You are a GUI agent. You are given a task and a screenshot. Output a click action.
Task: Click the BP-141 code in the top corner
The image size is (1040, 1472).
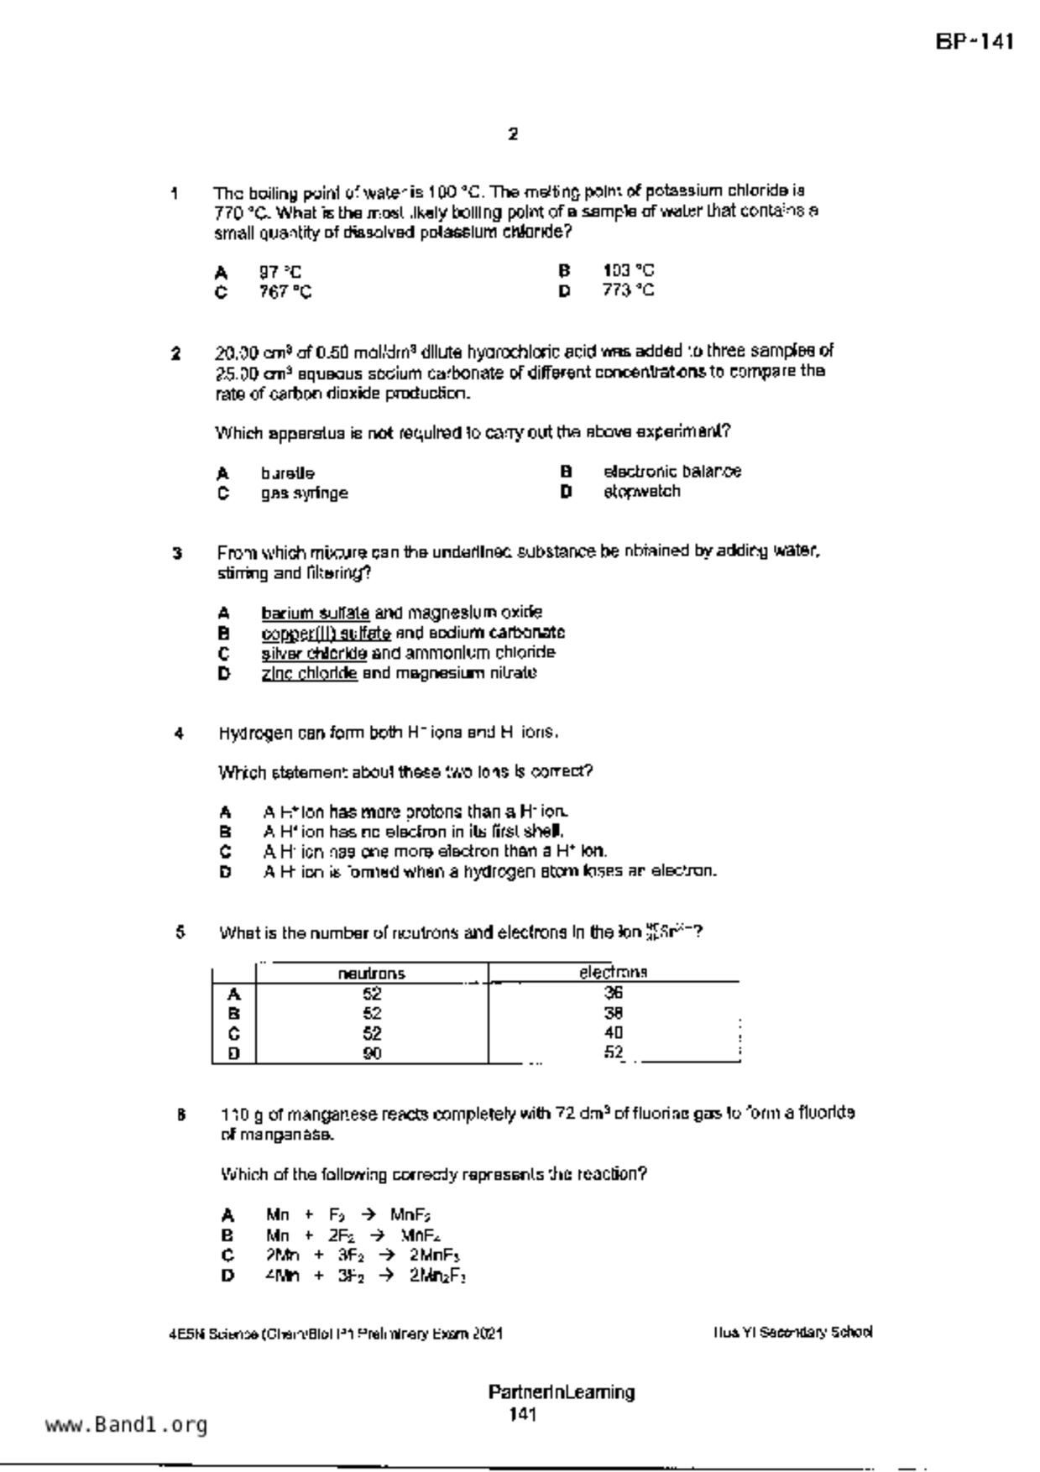click(x=975, y=42)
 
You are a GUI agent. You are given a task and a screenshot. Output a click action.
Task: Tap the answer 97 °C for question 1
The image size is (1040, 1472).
click(x=280, y=272)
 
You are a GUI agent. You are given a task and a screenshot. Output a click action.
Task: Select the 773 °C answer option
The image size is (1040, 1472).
click(x=628, y=290)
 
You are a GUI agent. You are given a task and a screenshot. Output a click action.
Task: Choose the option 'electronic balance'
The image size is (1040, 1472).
click(x=672, y=472)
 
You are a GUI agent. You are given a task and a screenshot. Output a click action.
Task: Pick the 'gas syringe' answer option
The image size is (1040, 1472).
click(x=304, y=493)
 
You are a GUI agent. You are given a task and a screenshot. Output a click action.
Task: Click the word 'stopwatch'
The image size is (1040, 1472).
click(x=642, y=492)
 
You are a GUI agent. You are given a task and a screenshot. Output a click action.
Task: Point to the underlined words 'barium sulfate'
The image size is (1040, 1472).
click(x=315, y=613)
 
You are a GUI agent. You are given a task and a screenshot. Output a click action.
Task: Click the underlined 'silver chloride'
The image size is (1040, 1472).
click(x=314, y=653)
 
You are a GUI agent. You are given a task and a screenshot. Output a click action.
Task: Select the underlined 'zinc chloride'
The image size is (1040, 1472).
click(x=309, y=673)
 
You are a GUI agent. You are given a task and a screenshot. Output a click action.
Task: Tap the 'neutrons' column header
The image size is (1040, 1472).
click(x=371, y=974)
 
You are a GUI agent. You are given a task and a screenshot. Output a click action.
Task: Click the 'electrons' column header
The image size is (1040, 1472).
click(x=613, y=973)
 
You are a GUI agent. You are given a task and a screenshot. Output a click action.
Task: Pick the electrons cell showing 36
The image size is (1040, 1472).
click(x=613, y=993)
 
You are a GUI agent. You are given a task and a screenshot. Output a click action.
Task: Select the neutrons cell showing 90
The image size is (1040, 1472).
click(x=372, y=1053)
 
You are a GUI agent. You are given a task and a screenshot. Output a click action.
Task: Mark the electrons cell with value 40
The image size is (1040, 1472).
click(x=613, y=1033)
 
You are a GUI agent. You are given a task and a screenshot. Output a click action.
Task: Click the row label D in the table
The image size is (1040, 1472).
click(x=233, y=1053)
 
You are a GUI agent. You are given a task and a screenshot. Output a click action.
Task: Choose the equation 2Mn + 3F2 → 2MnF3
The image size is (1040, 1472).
click(x=363, y=1255)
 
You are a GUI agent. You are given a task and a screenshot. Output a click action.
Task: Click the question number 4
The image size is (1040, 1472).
click(x=179, y=733)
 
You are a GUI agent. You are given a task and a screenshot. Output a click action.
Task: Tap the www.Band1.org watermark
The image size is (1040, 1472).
click(x=126, y=1425)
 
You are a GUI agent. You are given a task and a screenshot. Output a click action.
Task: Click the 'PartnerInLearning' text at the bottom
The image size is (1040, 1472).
click(x=561, y=1392)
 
